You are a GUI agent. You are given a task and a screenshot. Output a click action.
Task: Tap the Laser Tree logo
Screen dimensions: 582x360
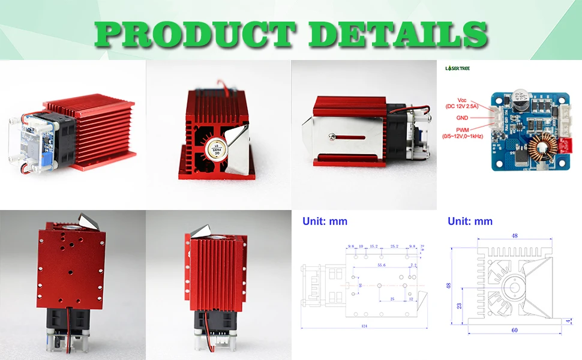pyautogui.click(x=458, y=68)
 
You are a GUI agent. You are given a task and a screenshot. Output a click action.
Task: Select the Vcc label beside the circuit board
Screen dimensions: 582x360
pyautogui.click(x=463, y=100)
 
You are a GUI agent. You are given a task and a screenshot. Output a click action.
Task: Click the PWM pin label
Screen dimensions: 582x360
pyautogui.click(x=463, y=130)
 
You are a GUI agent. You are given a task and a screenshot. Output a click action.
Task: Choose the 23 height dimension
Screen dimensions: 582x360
pyautogui.click(x=458, y=305)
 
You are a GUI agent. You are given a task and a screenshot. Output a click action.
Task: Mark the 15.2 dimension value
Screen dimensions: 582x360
pyautogui.click(x=373, y=246)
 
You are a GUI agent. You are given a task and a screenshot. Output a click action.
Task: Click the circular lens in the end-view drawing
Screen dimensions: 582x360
pyautogui.click(x=511, y=284)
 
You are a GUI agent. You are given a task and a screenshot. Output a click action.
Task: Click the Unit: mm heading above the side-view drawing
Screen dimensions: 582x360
pyautogui.click(x=325, y=221)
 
